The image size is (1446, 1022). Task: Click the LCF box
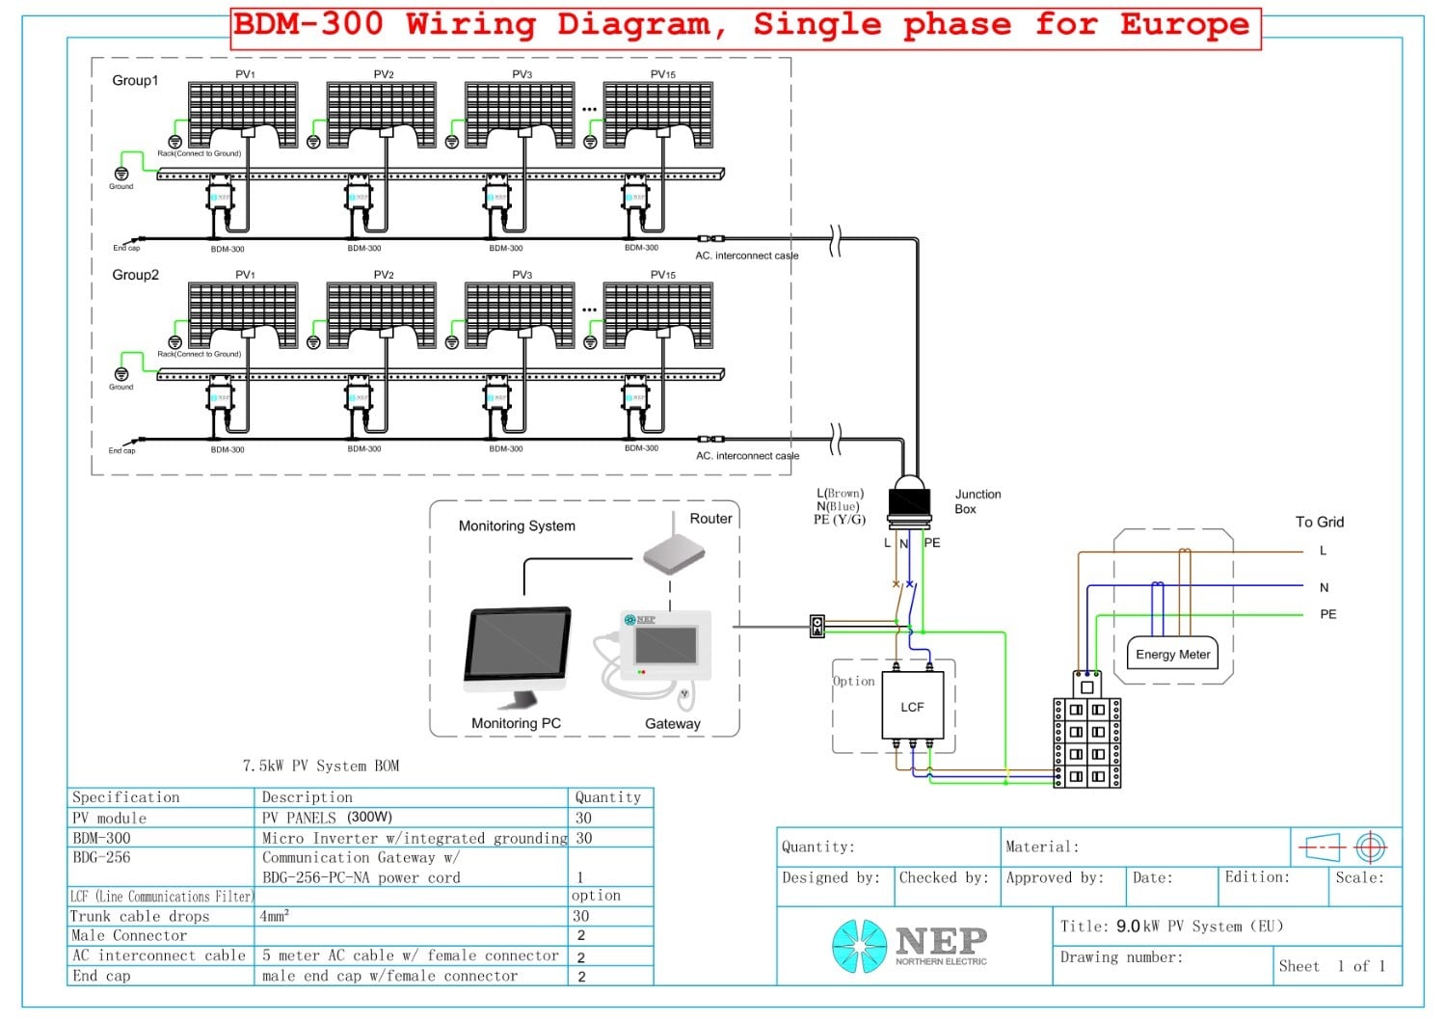912,706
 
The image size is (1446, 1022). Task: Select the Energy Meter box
1172,655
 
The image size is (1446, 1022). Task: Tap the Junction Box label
977,501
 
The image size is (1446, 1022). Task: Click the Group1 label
135,80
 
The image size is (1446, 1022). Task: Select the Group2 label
135,275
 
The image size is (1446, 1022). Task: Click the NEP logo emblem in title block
858,945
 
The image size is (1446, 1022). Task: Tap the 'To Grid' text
1319,522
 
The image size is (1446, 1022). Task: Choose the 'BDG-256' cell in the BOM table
101,857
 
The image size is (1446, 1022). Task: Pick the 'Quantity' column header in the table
607,797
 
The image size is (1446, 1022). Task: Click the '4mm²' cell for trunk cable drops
274,916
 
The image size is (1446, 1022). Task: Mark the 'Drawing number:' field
1120,957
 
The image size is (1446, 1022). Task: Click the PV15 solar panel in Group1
658,114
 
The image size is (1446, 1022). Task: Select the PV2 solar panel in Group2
382,314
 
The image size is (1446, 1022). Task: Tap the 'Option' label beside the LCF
853,681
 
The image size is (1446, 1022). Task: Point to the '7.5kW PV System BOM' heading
320,766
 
